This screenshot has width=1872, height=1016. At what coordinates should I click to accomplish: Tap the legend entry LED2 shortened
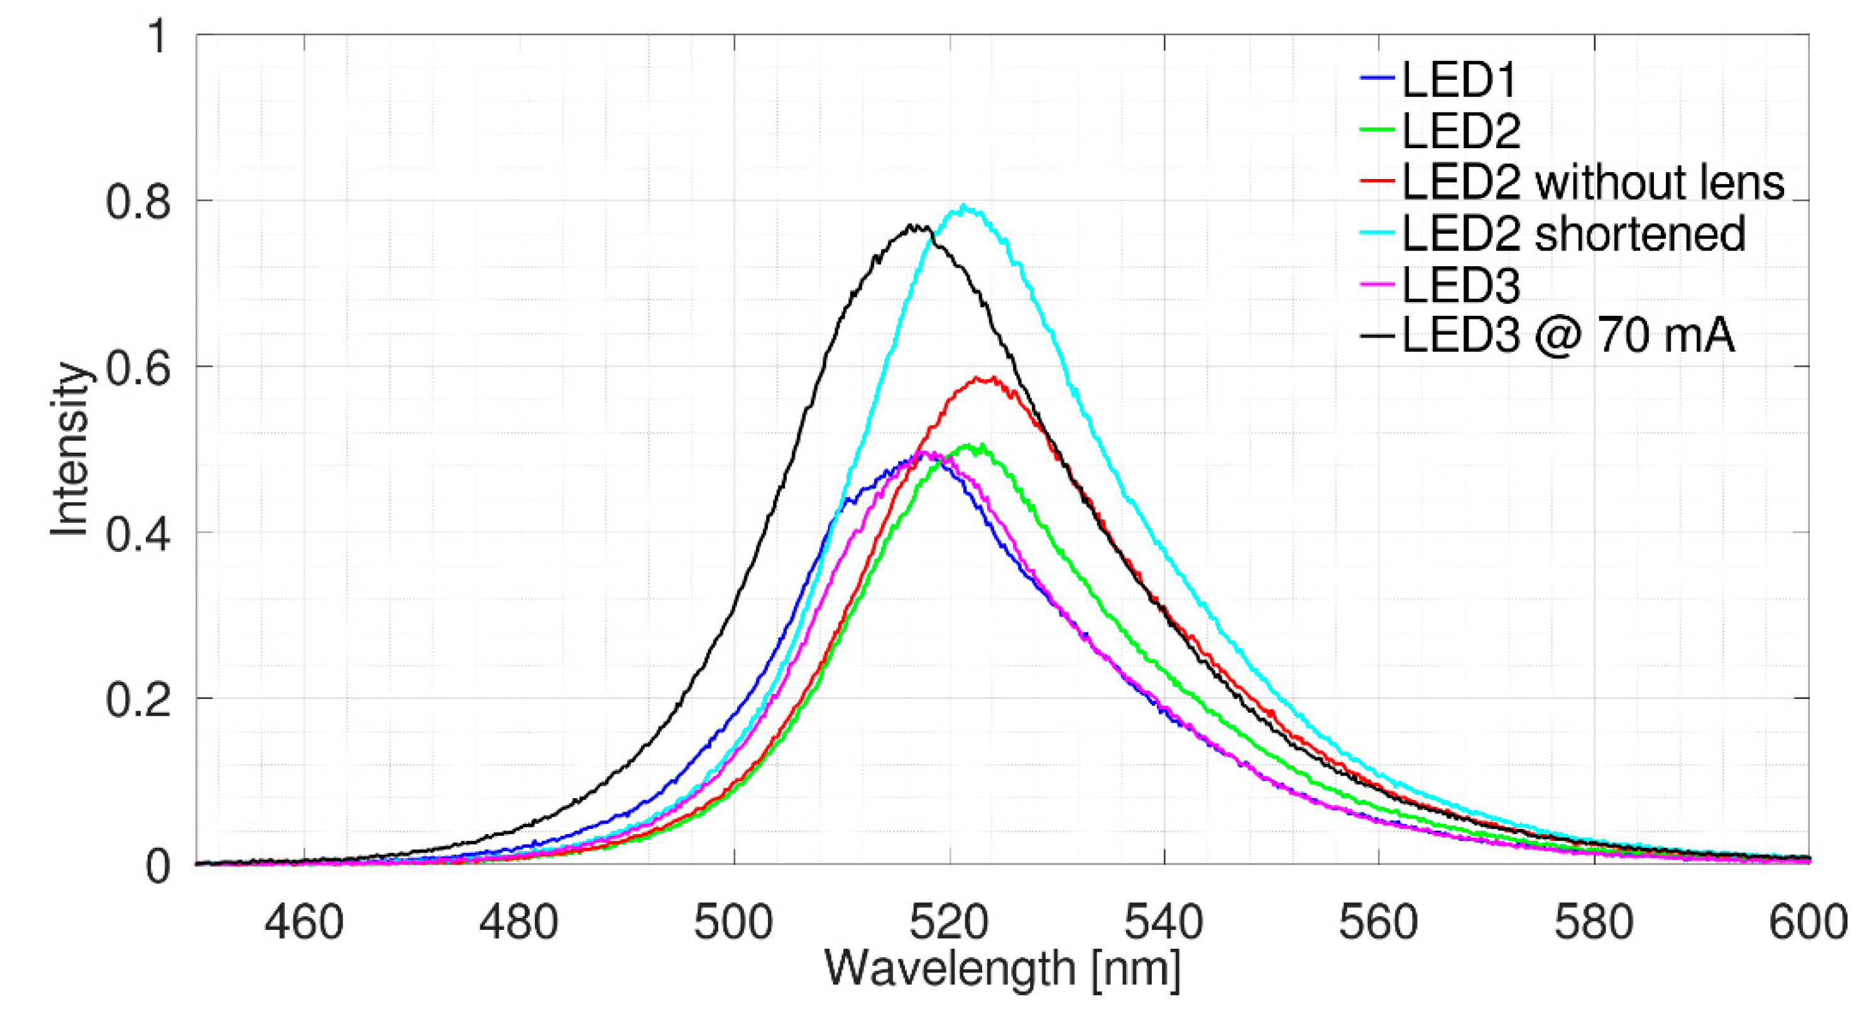(x=1574, y=233)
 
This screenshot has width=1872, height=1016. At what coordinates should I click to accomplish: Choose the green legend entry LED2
(x=1460, y=130)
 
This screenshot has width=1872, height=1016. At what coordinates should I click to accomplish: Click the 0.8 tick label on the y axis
(x=138, y=202)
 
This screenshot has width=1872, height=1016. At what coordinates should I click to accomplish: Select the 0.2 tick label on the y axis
(x=138, y=700)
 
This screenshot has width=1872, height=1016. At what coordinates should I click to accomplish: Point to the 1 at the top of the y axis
(x=157, y=36)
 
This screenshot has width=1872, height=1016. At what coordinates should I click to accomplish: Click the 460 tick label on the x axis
(x=303, y=923)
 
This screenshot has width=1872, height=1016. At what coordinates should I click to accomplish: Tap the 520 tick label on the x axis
(x=949, y=923)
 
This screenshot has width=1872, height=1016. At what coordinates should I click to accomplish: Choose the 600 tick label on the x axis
(x=1807, y=923)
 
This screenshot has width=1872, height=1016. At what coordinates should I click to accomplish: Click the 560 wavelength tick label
(x=1379, y=923)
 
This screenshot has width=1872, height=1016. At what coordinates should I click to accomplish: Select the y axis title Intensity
(x=70, y=450)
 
